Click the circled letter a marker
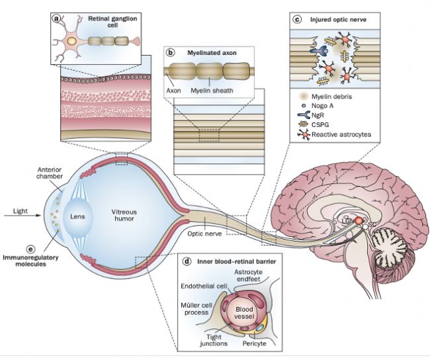pyautogui.click(x=56, y=19)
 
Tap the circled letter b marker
pyautogui.click(x=171, y=52)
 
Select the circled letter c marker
pyautogui.click(x=297, y=19)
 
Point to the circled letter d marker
pyautogui.click(x=187, y=261)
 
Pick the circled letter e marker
pyautogui.click(x=30, y=249)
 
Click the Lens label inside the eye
pyautogui.click(x=77, y=216)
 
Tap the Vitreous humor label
pyautogui.click(x=124, y=215)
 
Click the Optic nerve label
pyautogui.click(x=204, y=234)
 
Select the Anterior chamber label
pyautogui.click(x=50, y=173)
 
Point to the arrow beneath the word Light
pyautogui.click(x=22, y=216)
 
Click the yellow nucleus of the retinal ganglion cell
pyautogui.click(x=71, y=41)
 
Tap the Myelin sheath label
pyautogui.click(x=212, y=91)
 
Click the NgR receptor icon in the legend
pyautogui.click(x=304, y=115)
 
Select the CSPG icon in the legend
pyautogui.click(x=304, y=124)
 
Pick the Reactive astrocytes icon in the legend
pyautogui.click(x=304, y=134)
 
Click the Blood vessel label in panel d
pyautogui.click(x=244, y=313)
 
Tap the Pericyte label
pyautogui.click(x=254, y=343)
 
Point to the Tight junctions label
pyautogui.click(x=214, y=340)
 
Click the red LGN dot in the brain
pyautogui.click(x=359, y=220)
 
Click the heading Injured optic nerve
pyautogui.click(x=338, y=19)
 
